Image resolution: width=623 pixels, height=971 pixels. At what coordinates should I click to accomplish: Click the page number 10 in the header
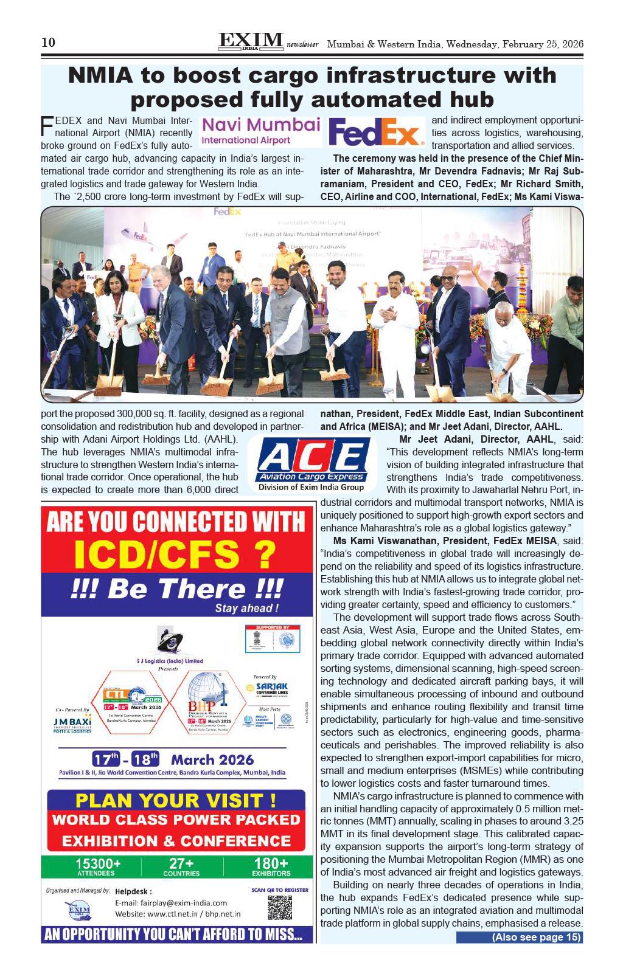pyautogui.click(x=48, y=43)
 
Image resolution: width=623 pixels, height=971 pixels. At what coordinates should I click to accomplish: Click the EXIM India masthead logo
pyautogui.click(x=250, y=41)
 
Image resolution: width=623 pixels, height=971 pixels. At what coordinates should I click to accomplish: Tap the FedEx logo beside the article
pyautogui.click(x=376, y=132)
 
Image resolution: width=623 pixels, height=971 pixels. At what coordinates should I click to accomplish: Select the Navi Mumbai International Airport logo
pyautogui.click(x=260, y=131)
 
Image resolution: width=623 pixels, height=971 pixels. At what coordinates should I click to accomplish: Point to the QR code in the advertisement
pyautogui.click(x=279, y=907)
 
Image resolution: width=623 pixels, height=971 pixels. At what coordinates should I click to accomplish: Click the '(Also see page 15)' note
pyautogui.click(x=520, y=937)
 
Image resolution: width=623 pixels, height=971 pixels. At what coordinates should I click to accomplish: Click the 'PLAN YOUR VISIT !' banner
pyautogui.click(x=176, y=800)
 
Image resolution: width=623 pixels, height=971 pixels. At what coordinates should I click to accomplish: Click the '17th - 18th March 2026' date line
pyautogui.click(x=173, y=759)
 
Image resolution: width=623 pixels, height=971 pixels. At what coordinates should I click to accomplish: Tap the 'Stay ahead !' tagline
pyautogui.click(x=246, y=609)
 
